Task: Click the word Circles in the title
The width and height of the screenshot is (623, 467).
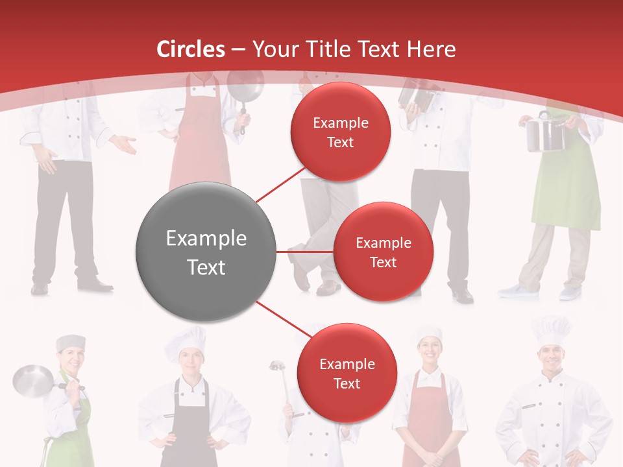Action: (x=191, y=49)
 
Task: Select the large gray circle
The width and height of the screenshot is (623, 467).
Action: (x=206, y=252)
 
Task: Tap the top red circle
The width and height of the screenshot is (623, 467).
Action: (x=341, y=132)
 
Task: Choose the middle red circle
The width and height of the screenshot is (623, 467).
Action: (x=383, y=252)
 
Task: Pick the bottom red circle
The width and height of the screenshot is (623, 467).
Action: (x=347, y=373)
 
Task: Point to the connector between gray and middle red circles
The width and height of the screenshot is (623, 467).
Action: (x=305, y=252)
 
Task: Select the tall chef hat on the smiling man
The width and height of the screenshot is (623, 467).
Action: (x=551, y=330)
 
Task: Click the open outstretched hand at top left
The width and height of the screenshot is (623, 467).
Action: (x=124, y=145)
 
